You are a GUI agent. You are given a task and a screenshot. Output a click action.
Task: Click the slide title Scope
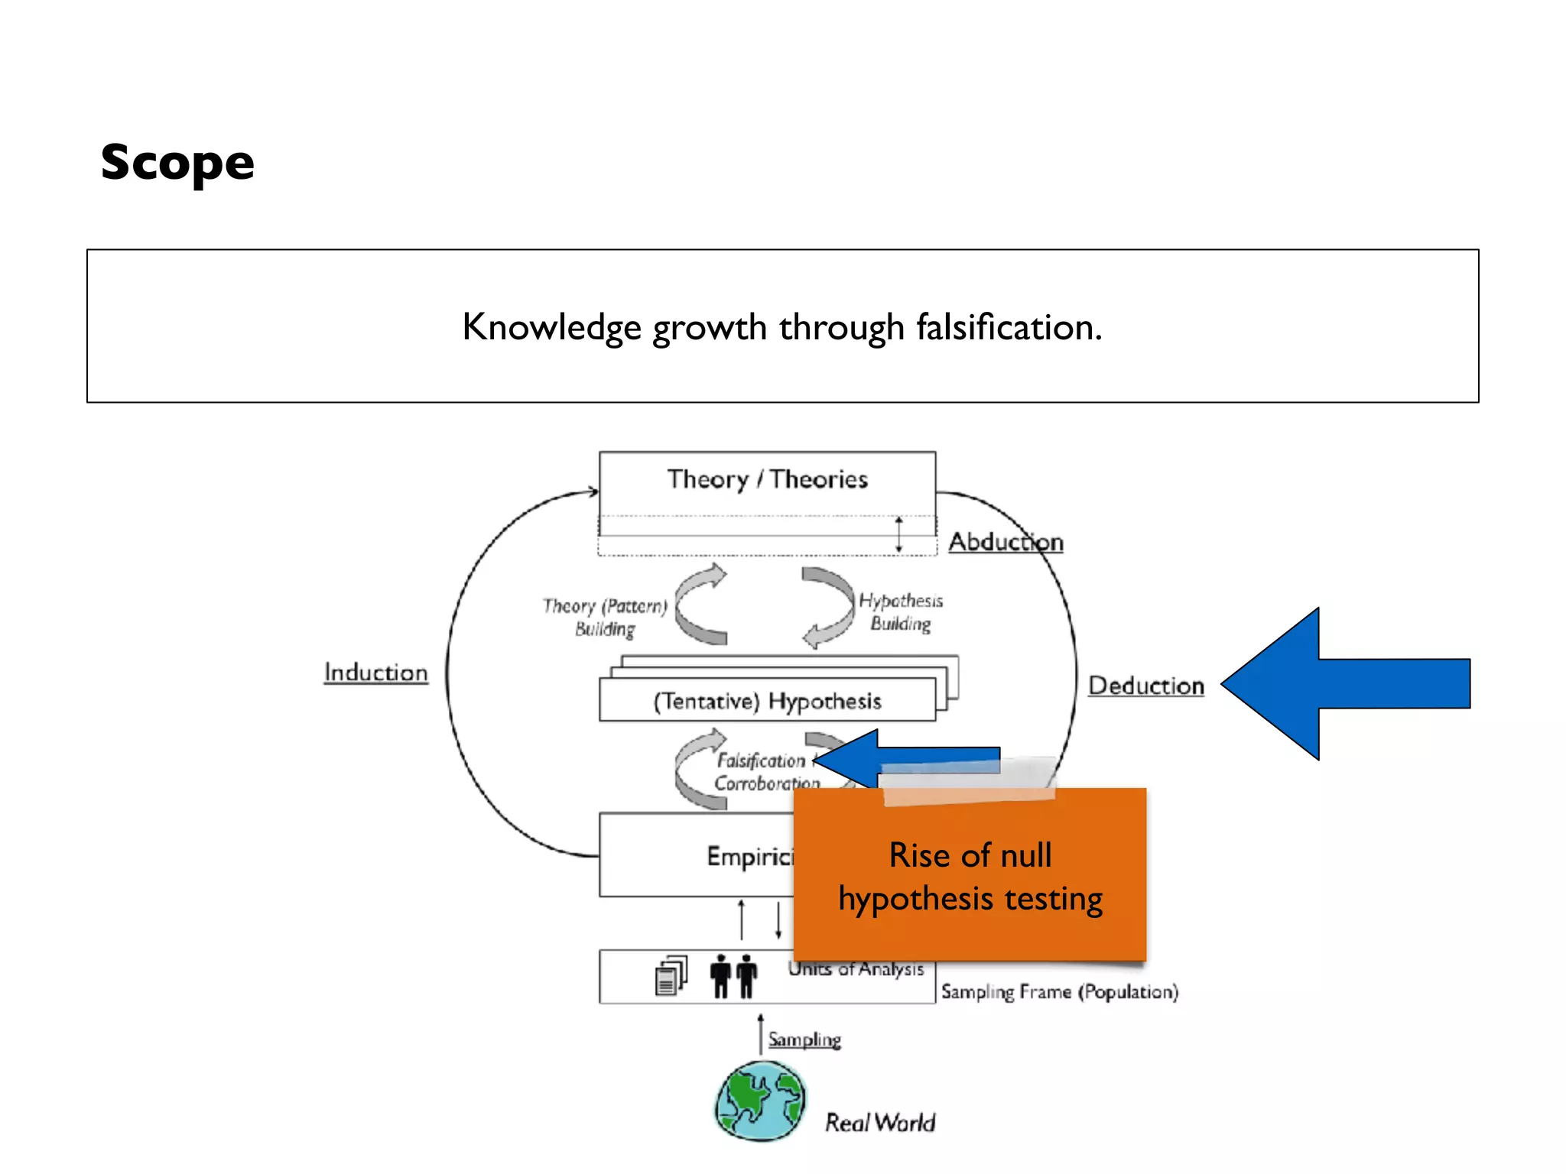tap(177, 162)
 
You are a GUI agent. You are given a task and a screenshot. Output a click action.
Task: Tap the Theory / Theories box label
tap(767, 479)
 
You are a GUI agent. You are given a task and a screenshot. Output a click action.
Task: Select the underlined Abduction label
tap(1006, 542)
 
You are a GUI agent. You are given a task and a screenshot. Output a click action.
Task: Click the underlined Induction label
tap(375, 673)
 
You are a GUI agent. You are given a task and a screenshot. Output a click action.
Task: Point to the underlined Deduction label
tap(1145, 686)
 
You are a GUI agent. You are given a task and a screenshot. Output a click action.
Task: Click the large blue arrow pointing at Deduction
tap(1346, 683)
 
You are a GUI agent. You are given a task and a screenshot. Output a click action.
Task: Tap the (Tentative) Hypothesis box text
tap(767, 701)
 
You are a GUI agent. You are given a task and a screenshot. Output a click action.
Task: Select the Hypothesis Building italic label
tap(901, 611)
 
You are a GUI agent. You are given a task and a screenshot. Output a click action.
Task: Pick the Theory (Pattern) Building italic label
tap(605, 617)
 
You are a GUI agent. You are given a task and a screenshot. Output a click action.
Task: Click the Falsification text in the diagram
tap(761, 761)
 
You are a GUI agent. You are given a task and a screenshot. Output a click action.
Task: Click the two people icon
tap(733, 976)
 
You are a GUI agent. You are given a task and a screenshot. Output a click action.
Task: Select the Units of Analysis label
tap(856, 969)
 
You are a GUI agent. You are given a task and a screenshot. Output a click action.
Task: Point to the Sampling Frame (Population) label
tap(1059, 991)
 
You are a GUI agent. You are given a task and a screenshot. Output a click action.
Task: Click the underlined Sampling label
tap(804, 1039)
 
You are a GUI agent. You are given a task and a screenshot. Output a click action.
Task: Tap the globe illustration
tap(761, 1101)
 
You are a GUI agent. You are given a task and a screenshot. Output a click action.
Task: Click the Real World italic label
tap(879, 1122)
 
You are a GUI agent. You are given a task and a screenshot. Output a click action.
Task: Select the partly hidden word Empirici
tap(749, 856)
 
